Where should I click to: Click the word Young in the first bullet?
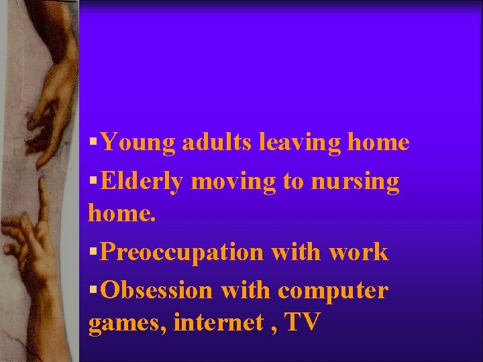[138, 143]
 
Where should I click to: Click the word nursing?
[360, 182]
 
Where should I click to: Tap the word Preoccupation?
[184, 253]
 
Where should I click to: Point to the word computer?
[332, 292]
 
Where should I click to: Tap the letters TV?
[303, 322]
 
